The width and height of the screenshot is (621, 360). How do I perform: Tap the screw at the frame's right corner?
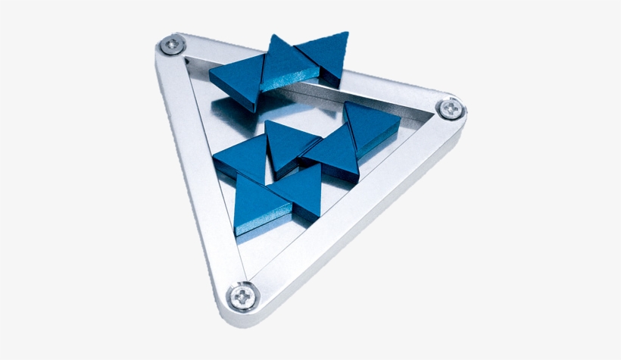point(450,108)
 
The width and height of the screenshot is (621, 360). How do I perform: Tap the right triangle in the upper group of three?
point(326,52)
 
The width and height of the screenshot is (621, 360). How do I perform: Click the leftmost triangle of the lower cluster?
point(241,155)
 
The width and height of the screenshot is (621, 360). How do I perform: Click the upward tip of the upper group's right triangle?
point(347,34)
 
